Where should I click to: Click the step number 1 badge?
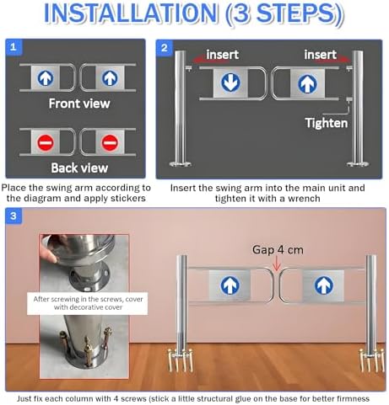coord(14,47)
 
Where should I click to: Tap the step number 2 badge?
coord(165,48)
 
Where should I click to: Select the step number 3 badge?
coord(14,216)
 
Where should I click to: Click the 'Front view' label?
coord(79,104)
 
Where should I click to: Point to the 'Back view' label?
coord(79,168)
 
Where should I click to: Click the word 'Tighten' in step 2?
coord(327,123)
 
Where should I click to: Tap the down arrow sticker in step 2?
coord(230,83)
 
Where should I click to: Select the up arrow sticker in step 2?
coord(307,83)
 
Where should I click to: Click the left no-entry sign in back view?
coord(46,142)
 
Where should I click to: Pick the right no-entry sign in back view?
coord(110,142)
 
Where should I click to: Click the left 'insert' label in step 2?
coord(222,55)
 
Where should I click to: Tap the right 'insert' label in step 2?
coord(320,55)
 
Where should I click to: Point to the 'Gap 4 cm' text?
coord(278,249)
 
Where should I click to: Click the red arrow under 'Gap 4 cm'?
coord(277,264)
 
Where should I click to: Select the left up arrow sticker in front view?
coord(46,77)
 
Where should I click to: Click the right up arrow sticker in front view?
coord(110,77)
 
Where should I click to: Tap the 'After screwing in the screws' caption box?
coord(88,303)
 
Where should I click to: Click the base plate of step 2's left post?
coord(181,164)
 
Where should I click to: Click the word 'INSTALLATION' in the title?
coord(131,13)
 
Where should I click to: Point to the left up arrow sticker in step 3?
coord(230,285)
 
